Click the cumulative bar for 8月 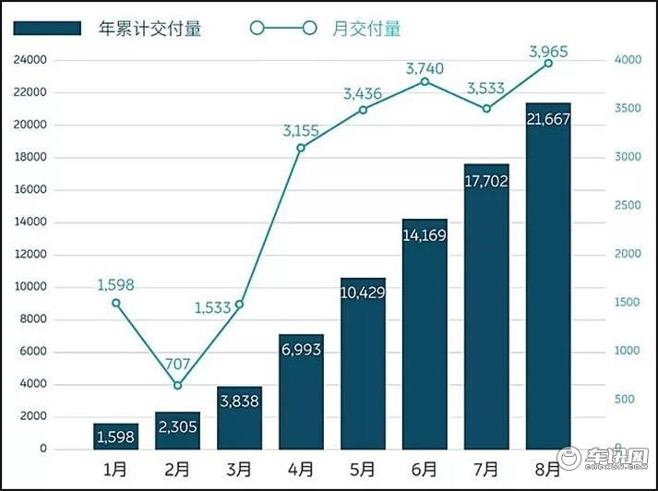tap(548, 277)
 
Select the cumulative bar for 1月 tap(115, 437)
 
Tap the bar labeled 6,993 tap(301, 392)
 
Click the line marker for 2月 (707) tap(177, 386)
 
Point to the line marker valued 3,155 tap(301, 148)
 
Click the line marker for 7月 tap(486, 109)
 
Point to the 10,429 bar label tap(363, 293)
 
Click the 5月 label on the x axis tap(363, 470)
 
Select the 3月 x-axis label tap(239, 470)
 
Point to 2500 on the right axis tap(628, 206)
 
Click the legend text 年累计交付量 tap(150, 29)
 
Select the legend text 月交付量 tap(366, 29)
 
